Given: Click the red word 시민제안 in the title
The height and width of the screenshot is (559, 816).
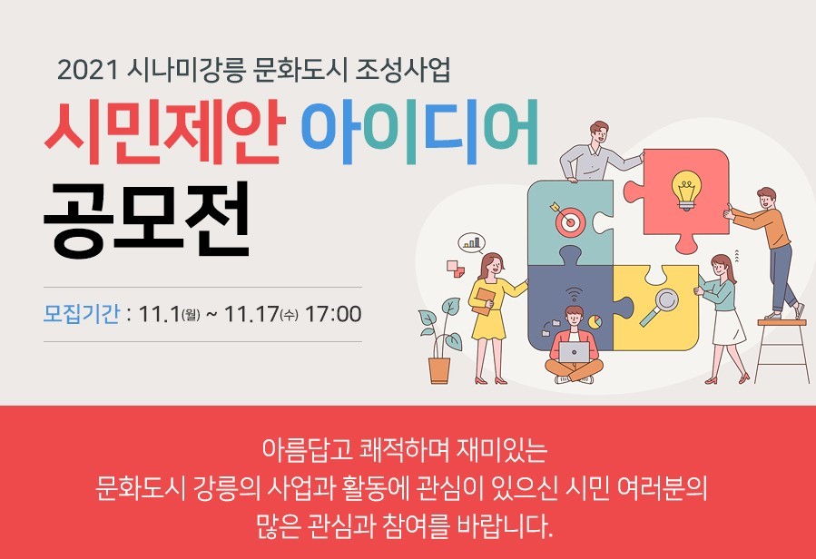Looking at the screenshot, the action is [x=164, y=132].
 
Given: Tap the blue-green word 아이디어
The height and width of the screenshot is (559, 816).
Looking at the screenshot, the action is [x=419, y=132].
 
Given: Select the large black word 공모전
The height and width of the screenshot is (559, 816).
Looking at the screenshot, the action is [x=147, y=220].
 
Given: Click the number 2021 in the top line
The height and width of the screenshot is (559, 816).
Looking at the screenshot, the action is [x=87, y=70].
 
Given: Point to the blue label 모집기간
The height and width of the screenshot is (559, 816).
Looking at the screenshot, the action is [x=81, y=314].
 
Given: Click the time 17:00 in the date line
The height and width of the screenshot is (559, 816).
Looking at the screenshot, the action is [x=333, y=314].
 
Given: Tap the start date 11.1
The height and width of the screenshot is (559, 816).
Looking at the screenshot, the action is [x=159, y=314].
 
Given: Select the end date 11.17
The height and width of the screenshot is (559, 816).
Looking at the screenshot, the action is [x=251, y=314].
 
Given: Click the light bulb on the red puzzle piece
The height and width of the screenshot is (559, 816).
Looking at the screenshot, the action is [x=686, y=190].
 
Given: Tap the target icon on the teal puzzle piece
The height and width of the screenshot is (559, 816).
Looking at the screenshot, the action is [x=568, y=220].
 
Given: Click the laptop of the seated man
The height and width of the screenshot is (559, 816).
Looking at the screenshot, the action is [x=574, y=352].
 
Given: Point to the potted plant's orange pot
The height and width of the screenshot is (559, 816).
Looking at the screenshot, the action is [x=439, y=370].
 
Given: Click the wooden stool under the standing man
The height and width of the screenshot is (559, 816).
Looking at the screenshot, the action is [x=782, y=350].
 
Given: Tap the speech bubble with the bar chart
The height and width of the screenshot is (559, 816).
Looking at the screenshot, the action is [x=471, y=243].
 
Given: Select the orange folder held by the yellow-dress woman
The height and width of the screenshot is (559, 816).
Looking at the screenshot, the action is [x=484, y=301].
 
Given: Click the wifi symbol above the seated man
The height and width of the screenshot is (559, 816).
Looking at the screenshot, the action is [x=574, y=295].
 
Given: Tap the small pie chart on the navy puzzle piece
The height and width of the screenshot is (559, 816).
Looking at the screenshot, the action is [x=595, y=321].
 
